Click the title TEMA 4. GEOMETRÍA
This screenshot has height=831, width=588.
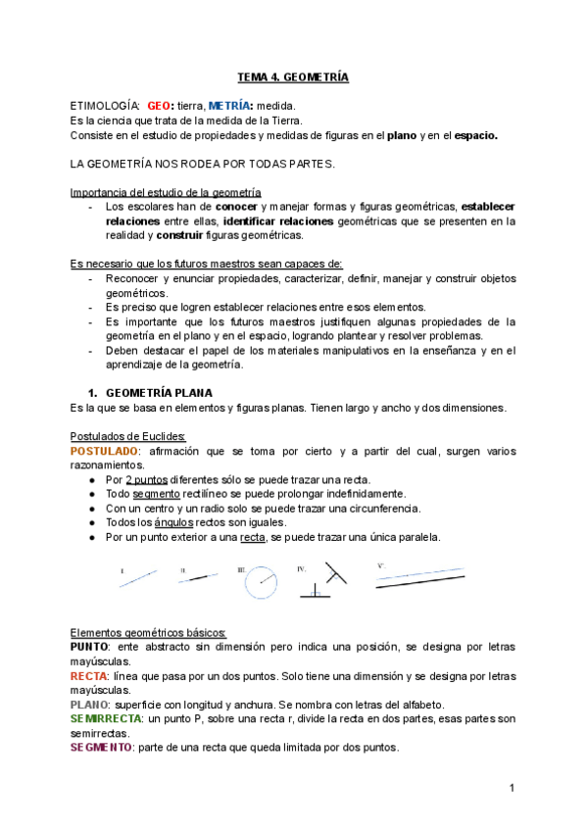(294, 75)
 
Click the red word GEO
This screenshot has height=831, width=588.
(161, 105)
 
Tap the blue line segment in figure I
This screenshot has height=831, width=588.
(138, 577)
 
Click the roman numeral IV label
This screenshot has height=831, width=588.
(302, 568)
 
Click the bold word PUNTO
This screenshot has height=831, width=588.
(89, 647)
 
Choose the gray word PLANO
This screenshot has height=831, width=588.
(90, 705)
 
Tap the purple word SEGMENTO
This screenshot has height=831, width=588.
(101, 747)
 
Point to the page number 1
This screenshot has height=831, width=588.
(512, 788)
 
